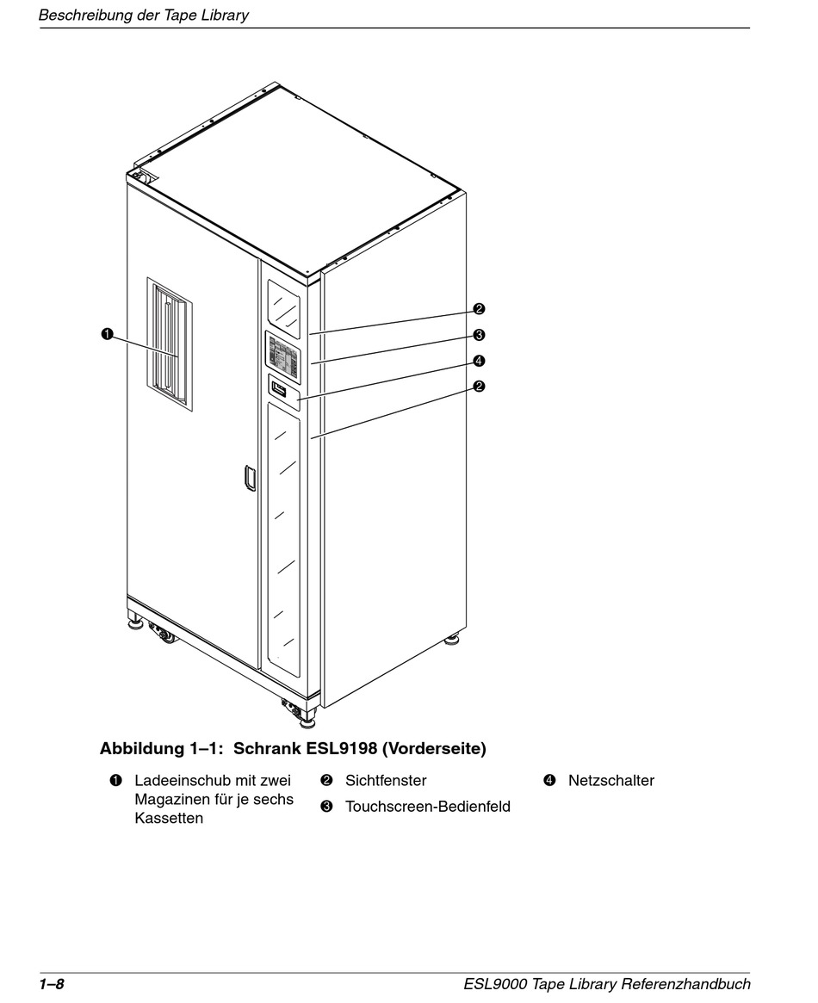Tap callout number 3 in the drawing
coord(479,335)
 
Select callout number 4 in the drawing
coord(479,361)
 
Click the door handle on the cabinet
coord(250,478)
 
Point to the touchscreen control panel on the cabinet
coord(283,356)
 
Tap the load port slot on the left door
coord(170,344)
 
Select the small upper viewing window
coord(285,306)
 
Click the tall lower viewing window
coord(286,538)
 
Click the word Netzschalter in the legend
coord(610,781)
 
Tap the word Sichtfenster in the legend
coord(386,781)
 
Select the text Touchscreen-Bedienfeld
coord(427,807)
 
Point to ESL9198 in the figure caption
coord(341,749)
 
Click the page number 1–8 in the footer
coord(52,984)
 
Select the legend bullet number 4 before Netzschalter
coord(549,781)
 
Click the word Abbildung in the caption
coord(142,749)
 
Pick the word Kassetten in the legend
coord(169,818)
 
